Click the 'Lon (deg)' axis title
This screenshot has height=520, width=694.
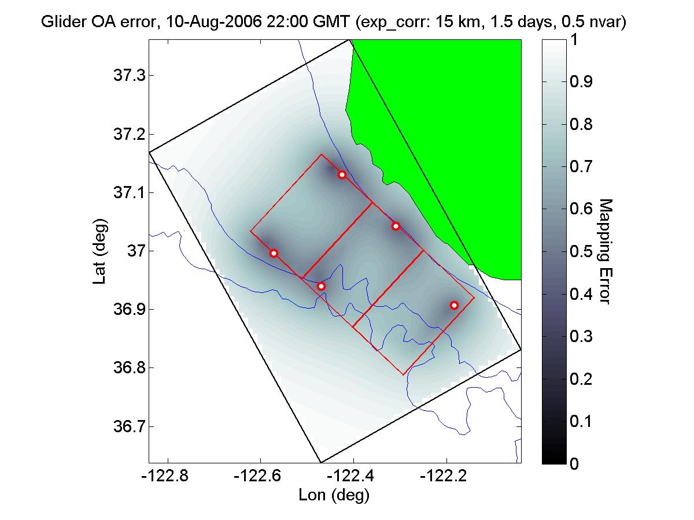coord(334,495)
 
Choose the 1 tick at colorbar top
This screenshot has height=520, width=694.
coord(574,40)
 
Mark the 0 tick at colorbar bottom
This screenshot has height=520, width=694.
coord(574,463)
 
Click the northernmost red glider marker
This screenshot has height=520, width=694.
coord(342,174)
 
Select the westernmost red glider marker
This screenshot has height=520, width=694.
coord(274,253)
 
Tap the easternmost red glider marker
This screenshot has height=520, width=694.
coord(454,305)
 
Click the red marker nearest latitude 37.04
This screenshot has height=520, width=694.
coord(396,226)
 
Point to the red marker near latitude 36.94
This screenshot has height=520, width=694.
coord(321,286)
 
